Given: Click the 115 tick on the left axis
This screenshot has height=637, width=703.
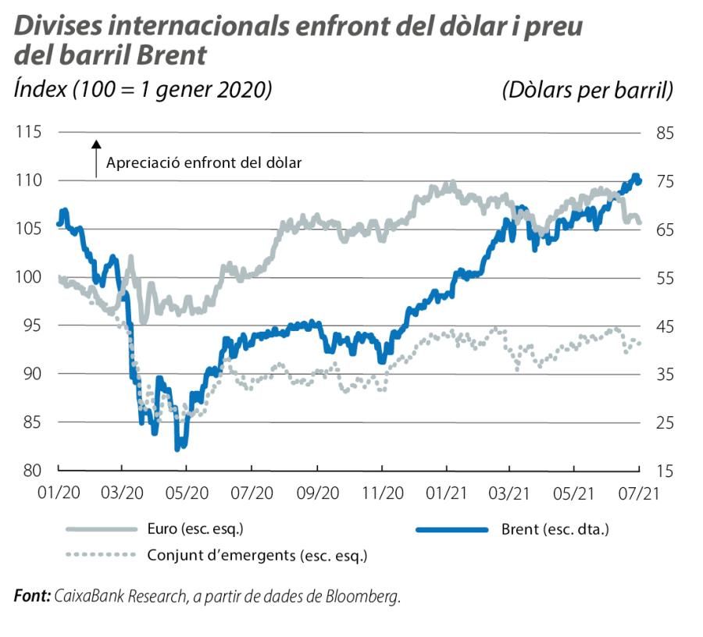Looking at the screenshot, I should [29, 132].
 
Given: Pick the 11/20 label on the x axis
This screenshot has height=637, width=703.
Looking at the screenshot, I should [381, 493].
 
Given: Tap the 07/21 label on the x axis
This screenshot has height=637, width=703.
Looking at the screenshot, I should [639, 493].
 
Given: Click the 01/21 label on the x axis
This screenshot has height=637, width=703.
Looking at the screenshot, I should [446, 493].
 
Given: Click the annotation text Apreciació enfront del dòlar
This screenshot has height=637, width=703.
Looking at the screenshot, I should [204, 163].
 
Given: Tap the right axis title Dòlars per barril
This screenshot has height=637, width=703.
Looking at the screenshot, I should [587, 91].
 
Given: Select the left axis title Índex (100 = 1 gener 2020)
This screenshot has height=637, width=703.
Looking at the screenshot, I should [143, 91].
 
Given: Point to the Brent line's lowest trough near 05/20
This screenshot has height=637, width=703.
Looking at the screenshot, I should [180, 447].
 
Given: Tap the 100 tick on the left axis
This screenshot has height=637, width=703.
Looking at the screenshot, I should [29, 277].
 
